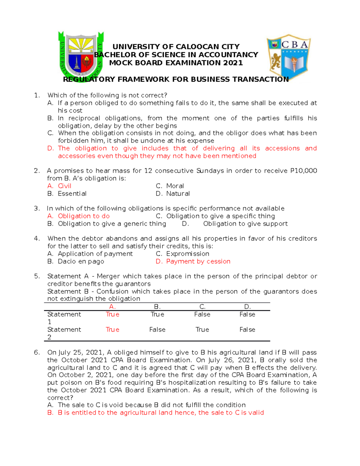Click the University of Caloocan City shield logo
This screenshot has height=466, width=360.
[81, 56]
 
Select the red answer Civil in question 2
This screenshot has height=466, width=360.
[64, 186]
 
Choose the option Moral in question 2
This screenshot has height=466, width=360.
[175, 186]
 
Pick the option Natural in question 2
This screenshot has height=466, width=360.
[178, 194]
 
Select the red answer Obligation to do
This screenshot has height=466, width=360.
[84, 216]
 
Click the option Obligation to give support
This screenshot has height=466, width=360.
[245, 224]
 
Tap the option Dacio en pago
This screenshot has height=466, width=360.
[81, 261]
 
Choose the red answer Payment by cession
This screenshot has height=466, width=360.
[198, 261]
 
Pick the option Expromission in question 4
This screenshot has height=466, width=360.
[187, 254]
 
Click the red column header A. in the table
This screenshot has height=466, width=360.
[112, 307]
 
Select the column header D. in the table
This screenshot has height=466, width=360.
[247, 307]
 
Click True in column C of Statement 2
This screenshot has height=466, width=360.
[202, 329]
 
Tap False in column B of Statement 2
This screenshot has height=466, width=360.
[157, 329]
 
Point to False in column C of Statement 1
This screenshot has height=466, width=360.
[202, 314]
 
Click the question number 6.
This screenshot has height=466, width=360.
[37, 352]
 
